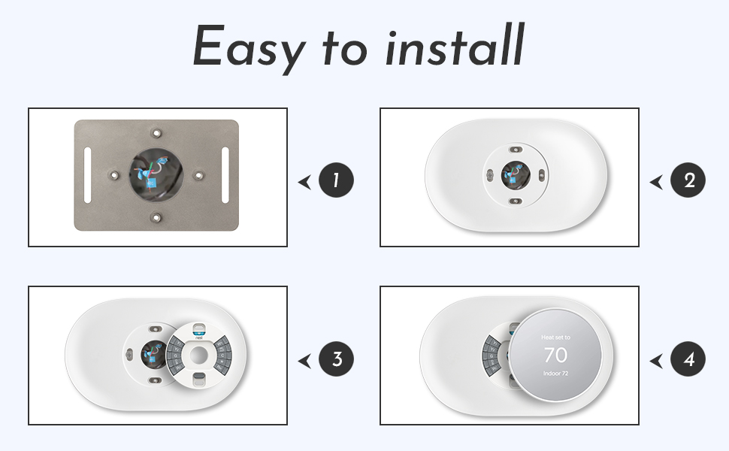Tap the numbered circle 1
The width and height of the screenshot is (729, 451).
point(336,180)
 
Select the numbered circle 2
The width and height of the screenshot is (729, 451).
point(688,180)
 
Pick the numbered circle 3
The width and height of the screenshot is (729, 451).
point(336,360)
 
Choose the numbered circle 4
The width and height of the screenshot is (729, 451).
point(688,360)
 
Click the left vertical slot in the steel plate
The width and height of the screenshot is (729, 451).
point(88,174)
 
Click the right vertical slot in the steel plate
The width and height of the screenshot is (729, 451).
point(225,174)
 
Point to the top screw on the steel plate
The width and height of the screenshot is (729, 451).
point(156,132)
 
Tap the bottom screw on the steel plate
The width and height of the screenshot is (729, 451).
point(156,218)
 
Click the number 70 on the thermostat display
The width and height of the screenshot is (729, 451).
point(555,355)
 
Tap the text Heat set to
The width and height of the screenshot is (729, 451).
point(555,338)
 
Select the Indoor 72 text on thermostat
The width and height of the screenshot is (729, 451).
point(555,373)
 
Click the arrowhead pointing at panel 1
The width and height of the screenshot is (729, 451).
point(304,181)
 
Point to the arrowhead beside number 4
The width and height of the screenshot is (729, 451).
point(656,361)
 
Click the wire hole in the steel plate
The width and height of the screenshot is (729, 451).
point(156,175)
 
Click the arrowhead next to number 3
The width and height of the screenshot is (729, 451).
point(304,361)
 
